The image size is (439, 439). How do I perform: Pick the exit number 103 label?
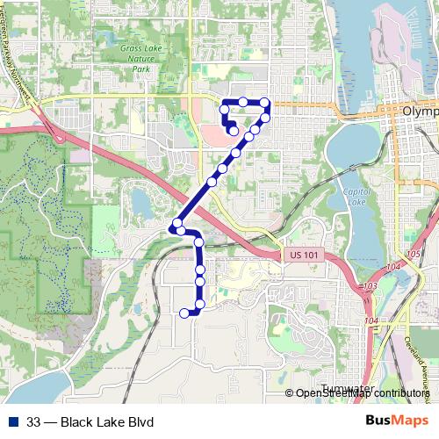pyautogui.click(x=370, y=286)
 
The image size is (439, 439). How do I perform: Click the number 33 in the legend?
pyautogui.click(x=33, y=422)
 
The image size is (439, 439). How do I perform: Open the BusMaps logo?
pyautogui.click(x=396, y=421)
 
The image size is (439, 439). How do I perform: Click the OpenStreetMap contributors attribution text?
pyautogui.click(x=363, y=393)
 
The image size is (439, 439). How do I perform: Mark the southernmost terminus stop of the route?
pyautogui.click(x=184, y=313)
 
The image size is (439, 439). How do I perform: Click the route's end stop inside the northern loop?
pyautogui.click(x=233, y=132)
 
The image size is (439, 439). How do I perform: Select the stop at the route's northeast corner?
pyautogui.click(x=265, y=104)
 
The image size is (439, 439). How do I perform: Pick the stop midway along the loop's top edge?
pyautogui.click(x=243, y=103)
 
